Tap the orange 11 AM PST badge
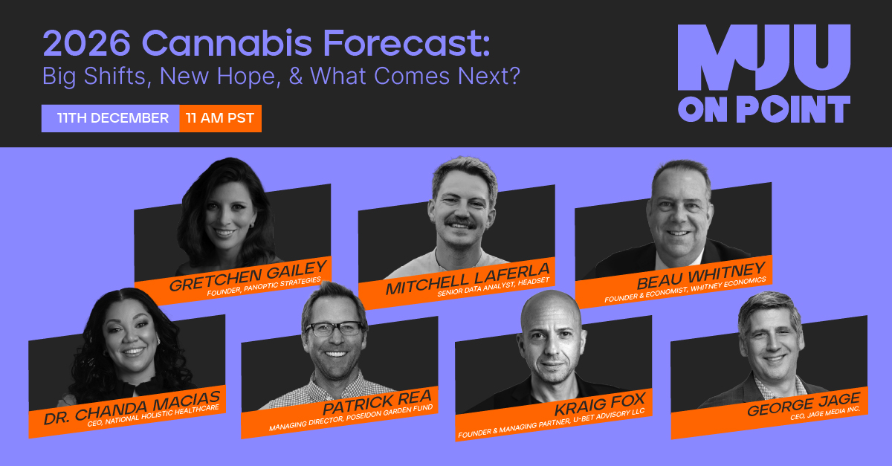[x=220, y=118]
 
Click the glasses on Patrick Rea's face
[x=334, y=329]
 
